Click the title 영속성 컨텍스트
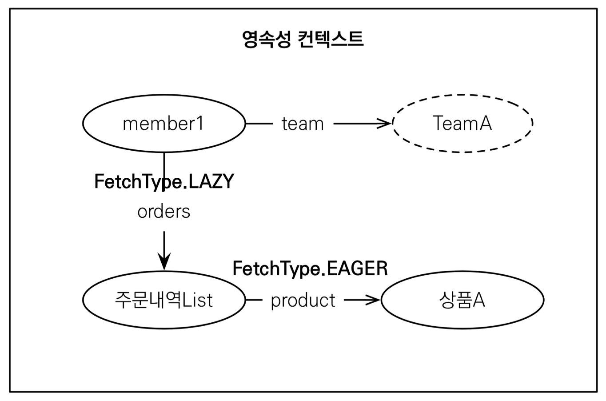pos(303,39)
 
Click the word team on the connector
pos(303,124)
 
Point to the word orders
pos(164,212)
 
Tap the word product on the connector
pos(303,301)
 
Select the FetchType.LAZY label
pos(164,181)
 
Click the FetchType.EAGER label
pos(310,269)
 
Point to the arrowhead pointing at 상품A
pos(374,300)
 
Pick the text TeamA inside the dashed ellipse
pos(462,123)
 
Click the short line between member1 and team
pos(259,124)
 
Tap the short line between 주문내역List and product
pos(254,300)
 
